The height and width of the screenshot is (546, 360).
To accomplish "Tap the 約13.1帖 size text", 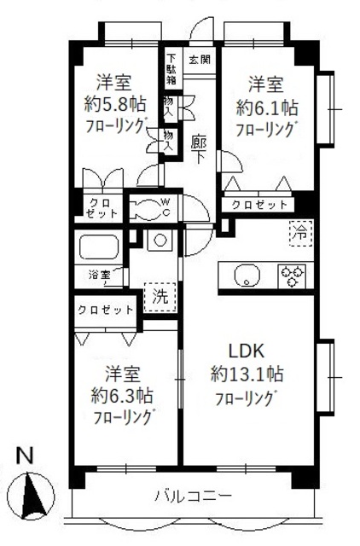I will click(247, 374).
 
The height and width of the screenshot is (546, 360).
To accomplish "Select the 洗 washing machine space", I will click(160, 297).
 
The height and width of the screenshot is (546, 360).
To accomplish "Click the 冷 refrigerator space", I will click(299, 231).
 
